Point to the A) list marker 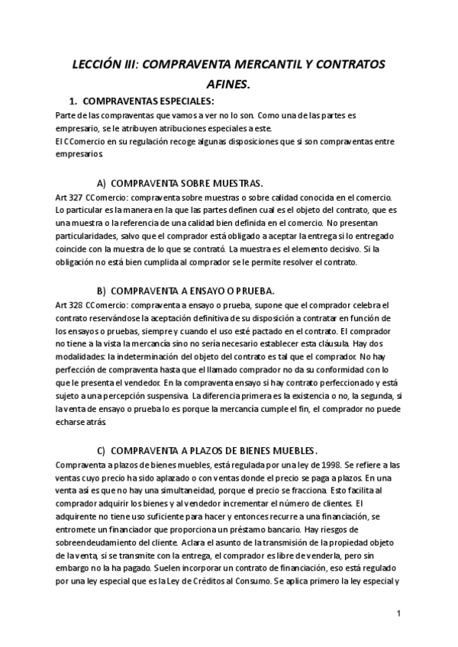click(x=102, y=183)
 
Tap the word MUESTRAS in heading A click(x=231, y=183)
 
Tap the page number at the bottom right click(x=399, y=613)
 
